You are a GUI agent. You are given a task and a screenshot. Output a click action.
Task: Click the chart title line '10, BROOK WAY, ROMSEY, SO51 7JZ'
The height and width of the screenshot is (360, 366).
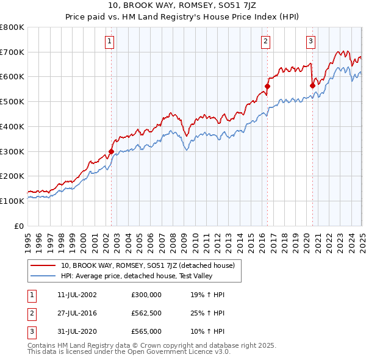182,5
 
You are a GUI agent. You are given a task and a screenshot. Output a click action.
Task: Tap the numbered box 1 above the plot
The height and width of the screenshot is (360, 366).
109,41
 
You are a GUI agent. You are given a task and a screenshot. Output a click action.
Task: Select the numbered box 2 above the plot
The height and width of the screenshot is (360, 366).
266,41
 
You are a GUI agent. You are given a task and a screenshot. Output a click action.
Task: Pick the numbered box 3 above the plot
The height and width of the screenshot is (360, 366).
310,41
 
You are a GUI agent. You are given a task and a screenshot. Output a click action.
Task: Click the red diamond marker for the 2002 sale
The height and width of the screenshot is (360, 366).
111,151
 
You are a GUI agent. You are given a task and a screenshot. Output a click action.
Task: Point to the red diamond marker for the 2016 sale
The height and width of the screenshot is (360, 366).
267,86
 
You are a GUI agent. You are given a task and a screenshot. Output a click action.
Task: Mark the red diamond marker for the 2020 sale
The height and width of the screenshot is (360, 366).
312,85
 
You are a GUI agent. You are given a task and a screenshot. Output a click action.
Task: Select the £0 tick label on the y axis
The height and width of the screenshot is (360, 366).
20,226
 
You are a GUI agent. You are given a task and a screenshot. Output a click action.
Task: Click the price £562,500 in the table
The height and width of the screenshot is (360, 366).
146,313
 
